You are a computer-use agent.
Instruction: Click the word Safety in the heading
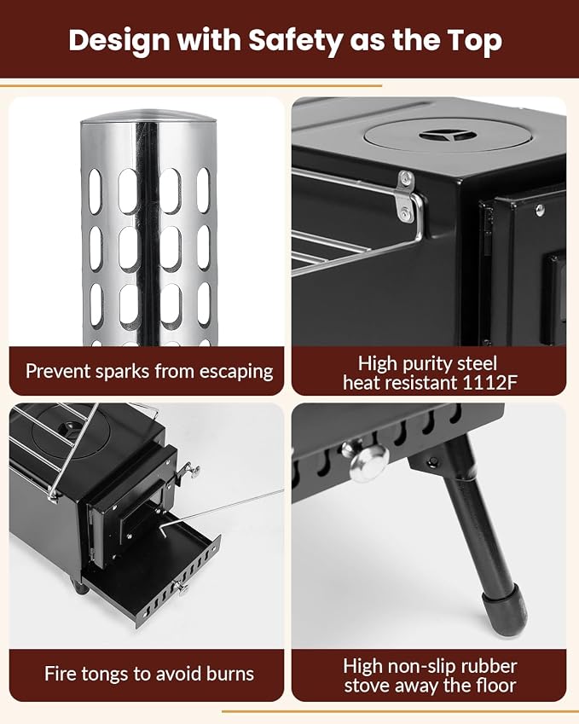click(x=295, y=41)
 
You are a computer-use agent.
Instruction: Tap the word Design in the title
click(x=119, y=41)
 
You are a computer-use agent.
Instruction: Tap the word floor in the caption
click(x=495, y=686)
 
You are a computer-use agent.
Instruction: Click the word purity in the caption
click(x=426, y=364)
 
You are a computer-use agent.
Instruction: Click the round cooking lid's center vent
click(x=448, y=136)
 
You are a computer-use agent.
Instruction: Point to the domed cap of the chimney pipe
click(x=148, y=116)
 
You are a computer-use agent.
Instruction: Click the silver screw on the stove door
click(x=539, y=210)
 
